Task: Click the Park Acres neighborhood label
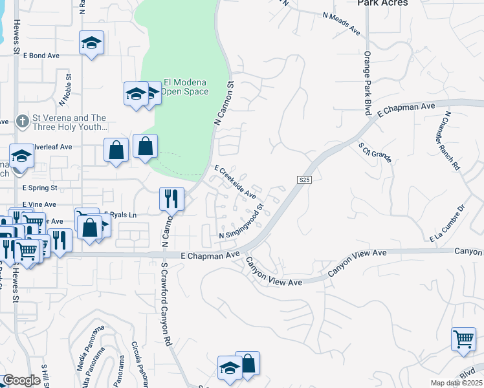[x=382, y=3]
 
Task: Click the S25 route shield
[x=305, y=179]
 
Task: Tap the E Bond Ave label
[x=41, y=56]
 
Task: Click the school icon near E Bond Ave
[x=91, y=43]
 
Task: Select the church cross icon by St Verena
[x=22, y=120]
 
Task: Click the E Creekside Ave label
[x=235, y=181]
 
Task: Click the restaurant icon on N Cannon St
[x=171, y=199]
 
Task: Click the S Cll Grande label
[x=376, y=150]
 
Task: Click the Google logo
[x=21, y=380]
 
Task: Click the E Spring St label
[x=39, y=188]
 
